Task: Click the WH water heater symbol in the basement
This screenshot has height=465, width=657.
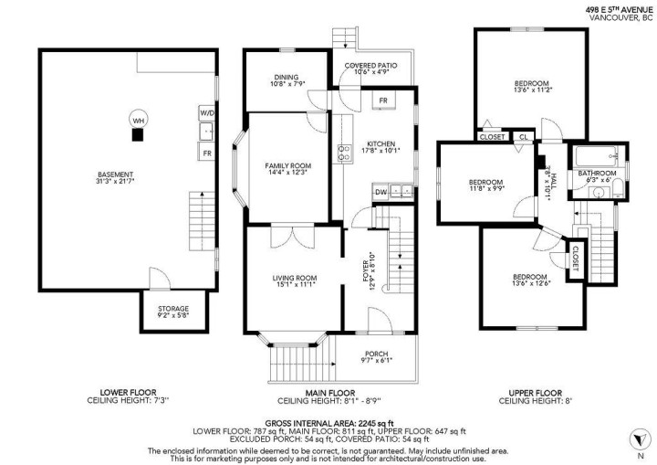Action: point(138,120)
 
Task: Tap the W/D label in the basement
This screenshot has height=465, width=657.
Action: point(206,113)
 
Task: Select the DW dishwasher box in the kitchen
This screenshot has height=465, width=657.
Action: point(381,191)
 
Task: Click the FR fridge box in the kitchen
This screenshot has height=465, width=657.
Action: point(383,100)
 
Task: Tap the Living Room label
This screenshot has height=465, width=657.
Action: point(294,281)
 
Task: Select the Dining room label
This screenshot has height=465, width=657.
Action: point(287,79)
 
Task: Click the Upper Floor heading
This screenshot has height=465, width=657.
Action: point(533,393)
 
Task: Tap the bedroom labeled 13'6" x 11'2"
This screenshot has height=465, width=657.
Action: point(530,87)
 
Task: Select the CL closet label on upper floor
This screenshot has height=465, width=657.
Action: point(523,137)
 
